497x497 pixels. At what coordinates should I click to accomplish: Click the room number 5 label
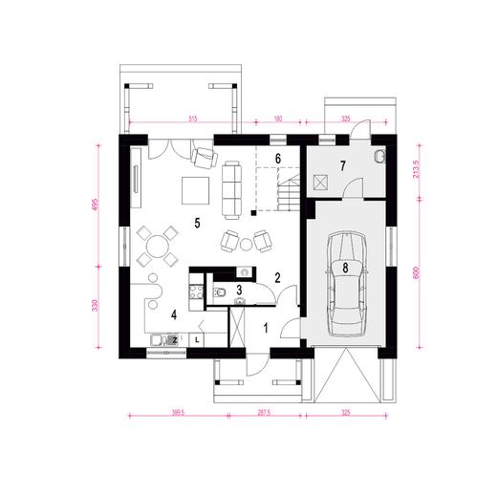pyautogui.click(x=196, y=224)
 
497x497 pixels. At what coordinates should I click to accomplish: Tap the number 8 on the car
pyautogui.click(x=345, y=269)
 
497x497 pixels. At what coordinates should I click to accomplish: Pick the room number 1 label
pyautogui.click(x=266, y=328)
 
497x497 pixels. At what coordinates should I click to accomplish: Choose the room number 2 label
pyautogui.click(x=277, y=278)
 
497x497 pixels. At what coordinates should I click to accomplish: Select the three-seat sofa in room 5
pyautogui.click(x=231, y=187)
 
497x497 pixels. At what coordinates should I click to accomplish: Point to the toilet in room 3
pyautogui.click(x=221, y=292)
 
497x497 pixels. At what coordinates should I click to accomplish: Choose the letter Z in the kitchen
pyautogui.click(x=174, y=338)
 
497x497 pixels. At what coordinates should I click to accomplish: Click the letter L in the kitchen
pyautogui.click(x=198, y=338)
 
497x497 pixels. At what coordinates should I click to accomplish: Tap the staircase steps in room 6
pyautogui.click(x=289, y=191)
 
